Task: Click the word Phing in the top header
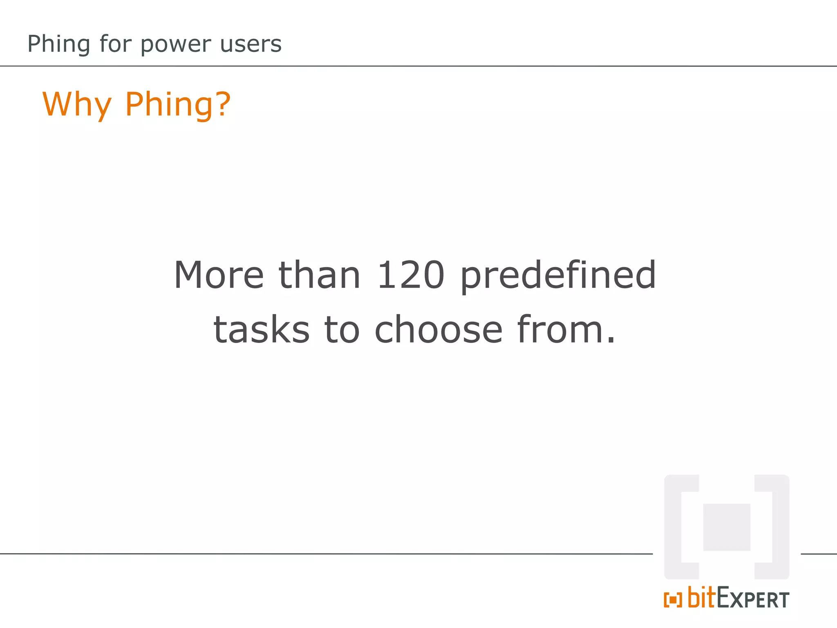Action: click(58, 44)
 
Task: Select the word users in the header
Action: click(251, 44)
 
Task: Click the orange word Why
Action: click(77, 104)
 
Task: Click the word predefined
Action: click(558, 276)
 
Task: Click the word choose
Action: click(438, 330)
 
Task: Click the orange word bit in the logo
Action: click(702, 597)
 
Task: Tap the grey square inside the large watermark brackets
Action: click(727, 527)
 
